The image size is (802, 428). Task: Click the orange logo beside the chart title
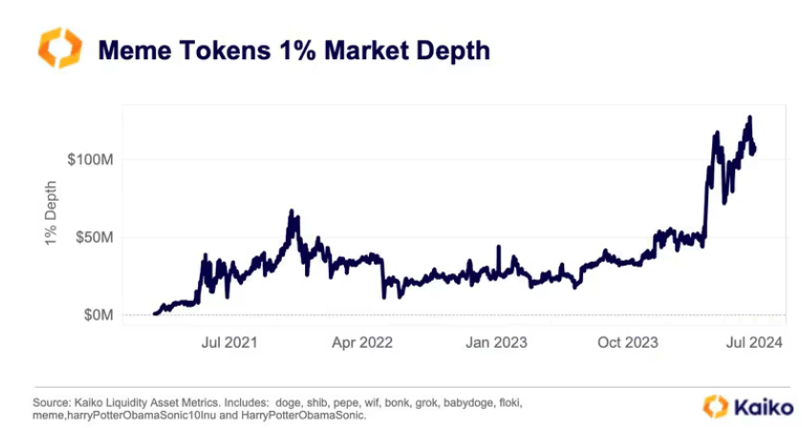[59, 48]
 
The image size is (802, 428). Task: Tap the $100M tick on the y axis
[92, 159]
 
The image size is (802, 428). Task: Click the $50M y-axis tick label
[96, 237]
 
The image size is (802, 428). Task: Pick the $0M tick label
[99, 315]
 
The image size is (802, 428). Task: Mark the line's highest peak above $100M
[750, 118]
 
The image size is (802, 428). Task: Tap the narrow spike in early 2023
[498, 246]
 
